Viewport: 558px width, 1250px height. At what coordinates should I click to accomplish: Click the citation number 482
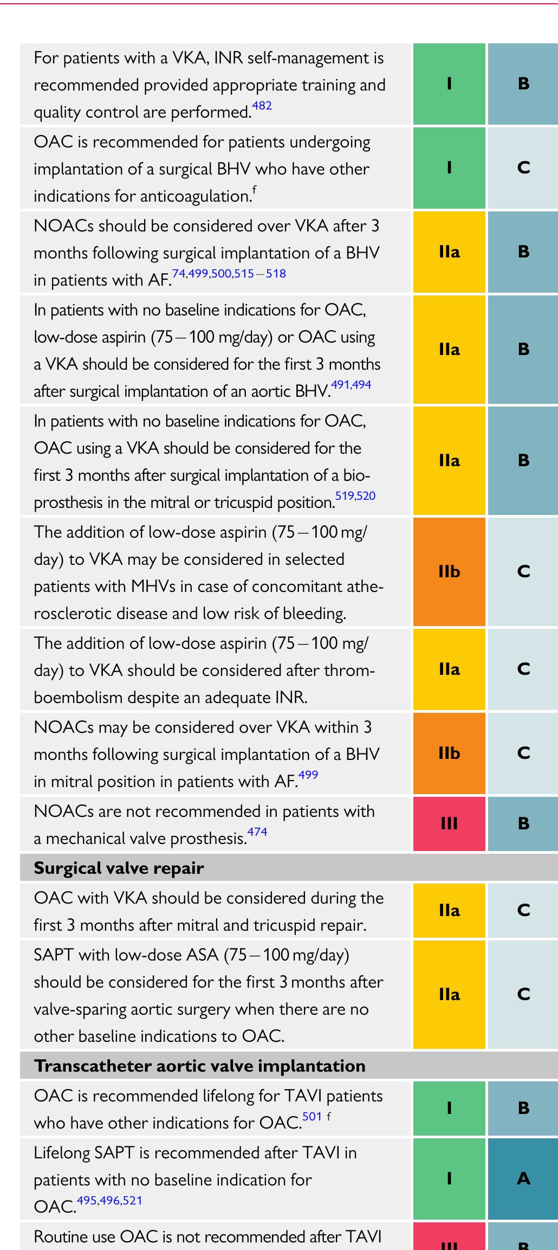(262, 106)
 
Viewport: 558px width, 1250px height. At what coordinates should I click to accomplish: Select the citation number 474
(257, 832)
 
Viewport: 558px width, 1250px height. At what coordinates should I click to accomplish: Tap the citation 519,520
(355, 495)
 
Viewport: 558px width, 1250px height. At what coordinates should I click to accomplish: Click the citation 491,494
(351, 384)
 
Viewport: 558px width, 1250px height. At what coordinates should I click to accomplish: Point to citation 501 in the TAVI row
(312, 1116)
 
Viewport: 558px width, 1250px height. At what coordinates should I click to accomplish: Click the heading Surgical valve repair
(119, 868)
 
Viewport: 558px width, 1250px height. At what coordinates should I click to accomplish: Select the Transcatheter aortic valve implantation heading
(200, 1066)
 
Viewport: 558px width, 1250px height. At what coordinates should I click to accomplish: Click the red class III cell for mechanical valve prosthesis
(449, 823)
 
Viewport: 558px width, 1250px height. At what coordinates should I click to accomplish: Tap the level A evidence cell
(523, 1178)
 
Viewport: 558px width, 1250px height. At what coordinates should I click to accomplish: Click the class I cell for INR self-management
(449, 83)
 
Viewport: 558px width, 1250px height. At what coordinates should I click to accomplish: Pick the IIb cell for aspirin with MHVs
(449, 571)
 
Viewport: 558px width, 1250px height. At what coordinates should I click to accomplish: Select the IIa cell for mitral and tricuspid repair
(449, 910)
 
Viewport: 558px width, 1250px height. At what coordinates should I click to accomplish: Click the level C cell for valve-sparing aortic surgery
(523, 994)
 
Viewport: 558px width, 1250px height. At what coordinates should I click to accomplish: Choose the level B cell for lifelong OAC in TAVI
(523, 1107)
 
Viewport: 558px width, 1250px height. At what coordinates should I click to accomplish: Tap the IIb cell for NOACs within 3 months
(449, 753)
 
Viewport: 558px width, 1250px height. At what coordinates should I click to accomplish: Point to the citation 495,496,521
(109, 1200)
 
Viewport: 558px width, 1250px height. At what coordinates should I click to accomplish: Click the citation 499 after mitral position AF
(308, 775)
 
